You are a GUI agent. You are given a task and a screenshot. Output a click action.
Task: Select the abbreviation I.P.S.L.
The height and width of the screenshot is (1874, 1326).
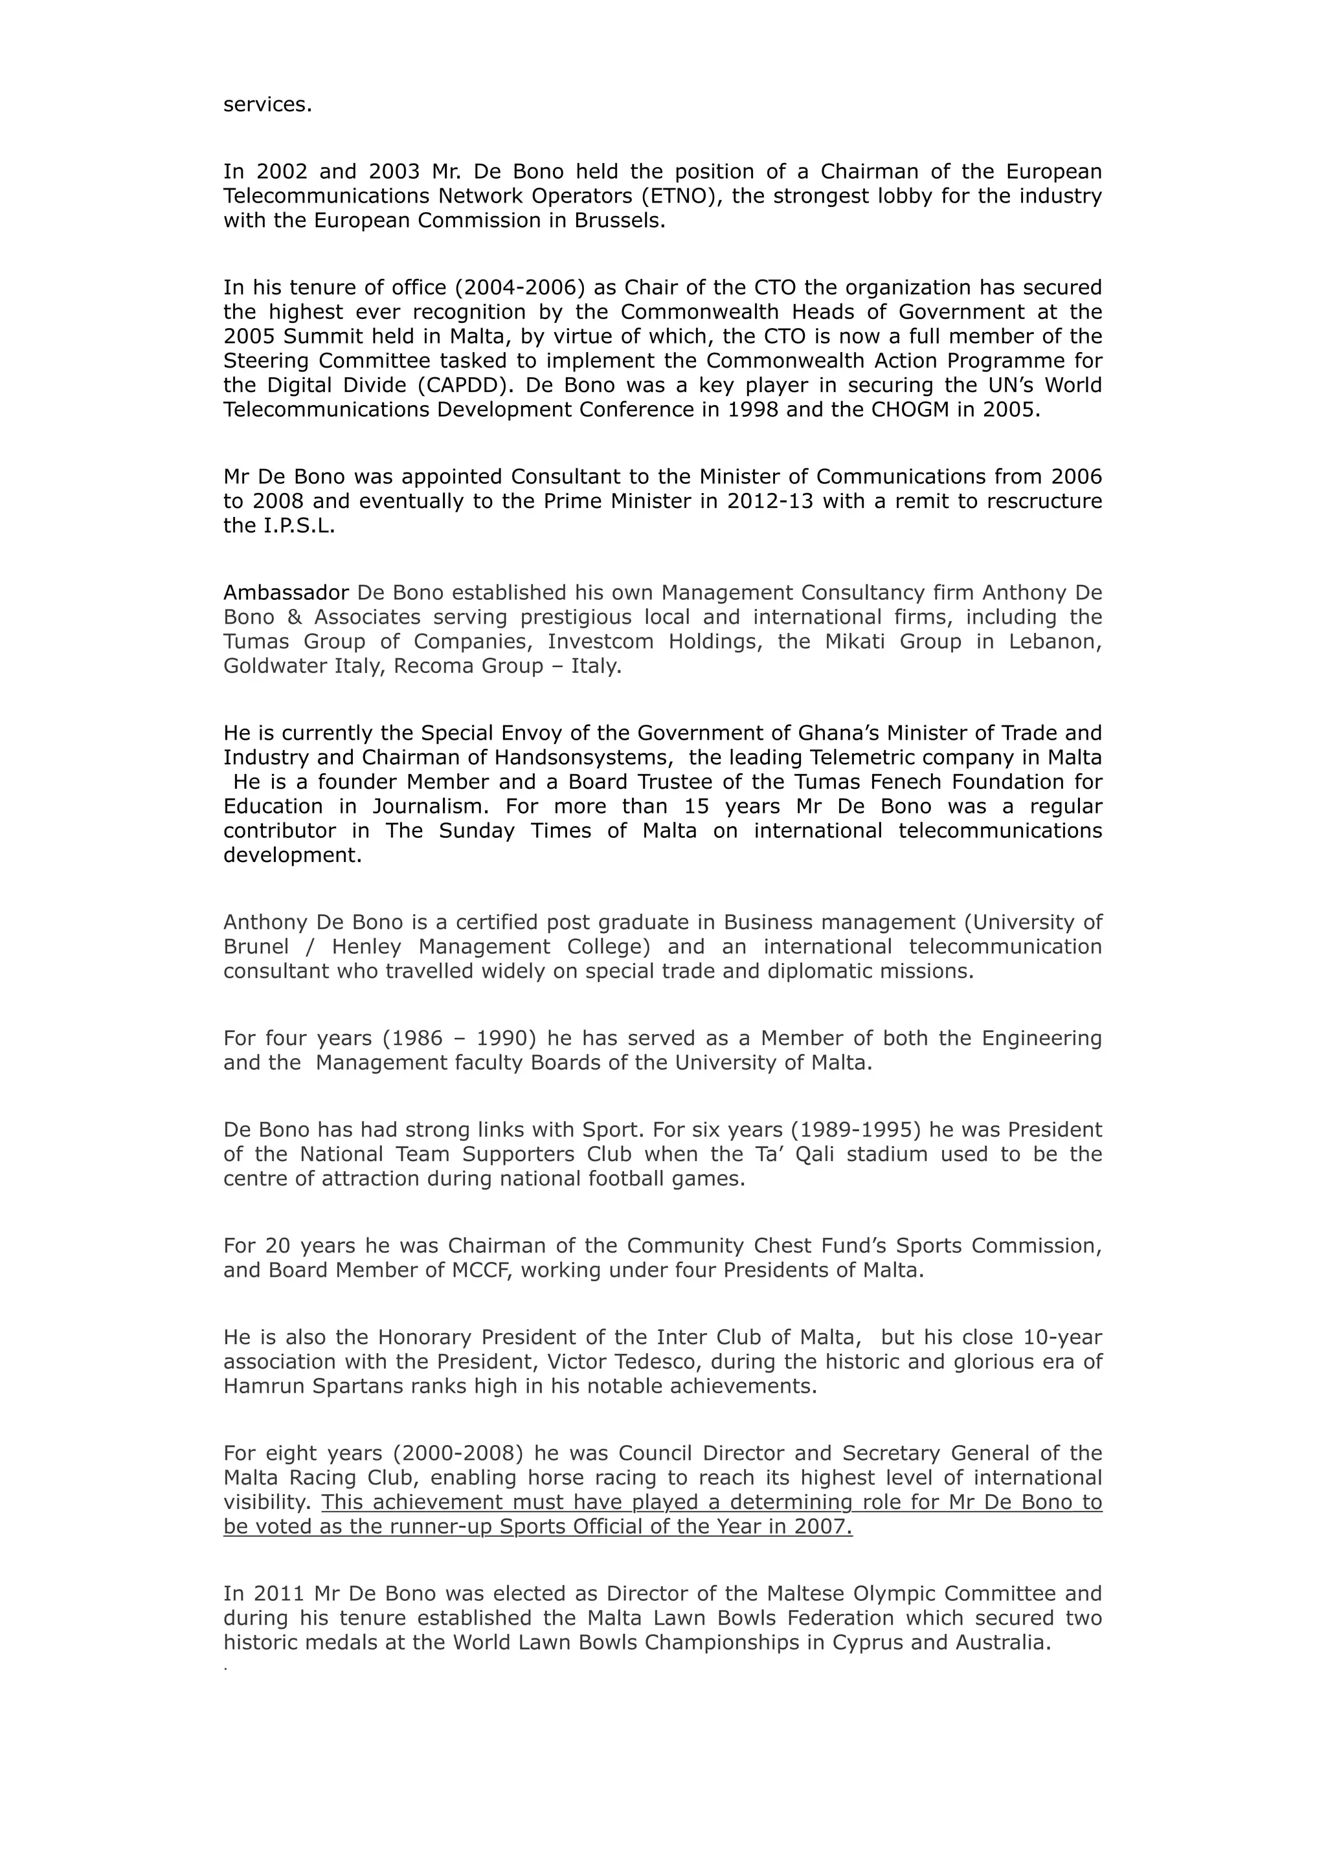(299, 525)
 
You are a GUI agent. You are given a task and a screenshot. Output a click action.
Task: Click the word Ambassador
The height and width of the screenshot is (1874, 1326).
(286, 593)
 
